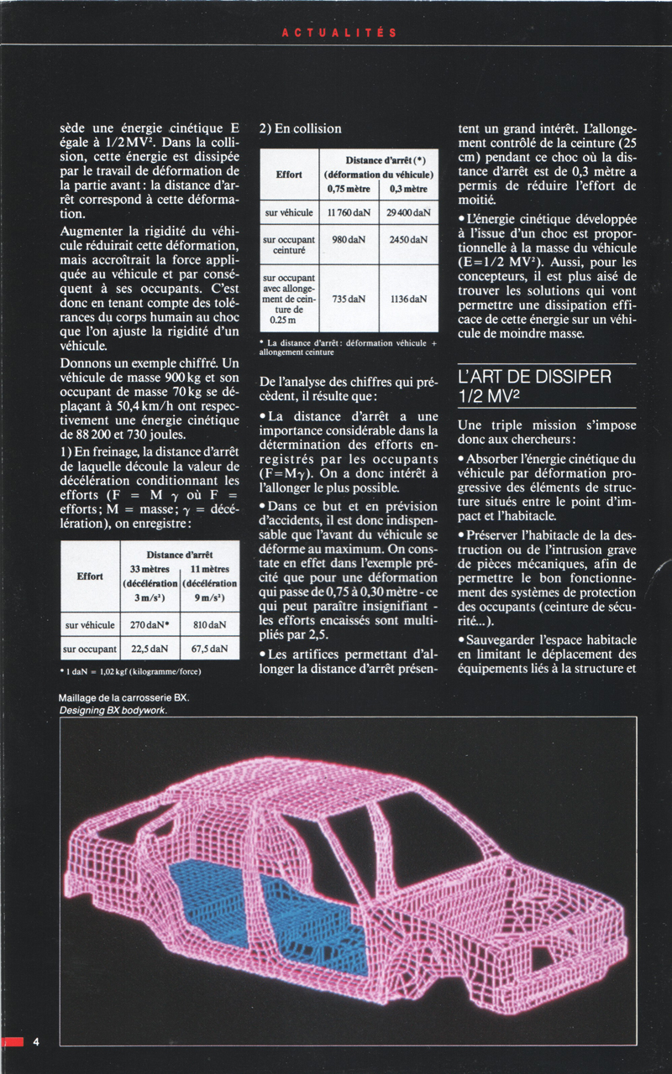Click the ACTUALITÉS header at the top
(x=339, y=33)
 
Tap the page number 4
(x=36, y=1042)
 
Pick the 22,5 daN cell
(x=152, y=649)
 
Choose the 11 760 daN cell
(x=349, y=213)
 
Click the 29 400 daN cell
(x=409, y=213)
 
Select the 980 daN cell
(x=349, y=240)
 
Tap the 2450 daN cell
(x=409, y=240)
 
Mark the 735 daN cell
(x=349, y=300)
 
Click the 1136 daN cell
(x=409, y=300)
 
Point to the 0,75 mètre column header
(x=349, y=189)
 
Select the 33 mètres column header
(x=152, y=569)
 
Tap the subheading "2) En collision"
(x=300, y=128)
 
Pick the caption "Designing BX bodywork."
(x=113, y=710)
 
